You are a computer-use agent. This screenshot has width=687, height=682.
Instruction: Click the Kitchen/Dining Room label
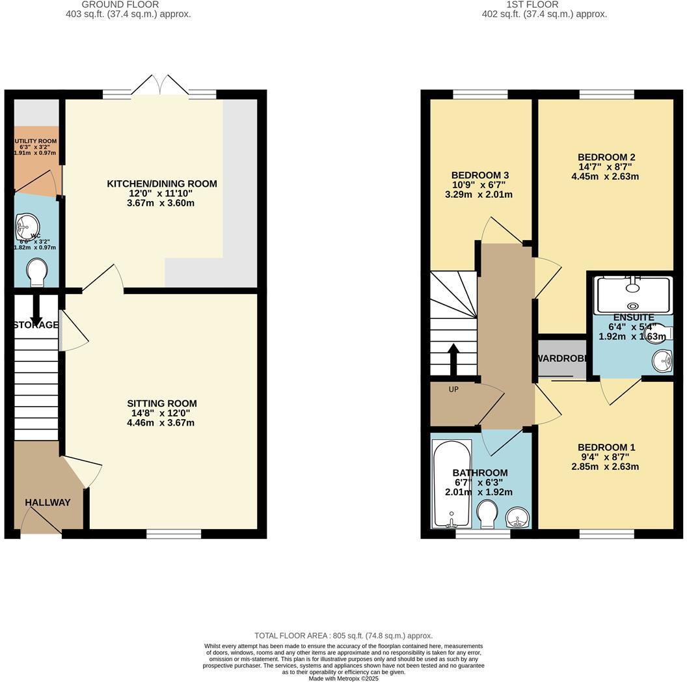point(162,184)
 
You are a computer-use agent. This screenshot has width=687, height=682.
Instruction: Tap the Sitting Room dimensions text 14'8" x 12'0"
point(162,413)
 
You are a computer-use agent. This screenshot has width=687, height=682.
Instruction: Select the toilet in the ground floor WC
point(37,271)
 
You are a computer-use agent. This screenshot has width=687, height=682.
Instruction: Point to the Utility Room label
point(36,141)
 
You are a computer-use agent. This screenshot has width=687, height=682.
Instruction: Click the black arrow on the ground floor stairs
point(36,308)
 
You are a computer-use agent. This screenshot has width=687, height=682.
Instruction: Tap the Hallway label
point(47,502)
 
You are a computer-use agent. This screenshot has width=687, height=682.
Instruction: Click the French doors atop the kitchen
point(159,88)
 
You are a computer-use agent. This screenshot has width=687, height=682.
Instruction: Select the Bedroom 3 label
point(479,175)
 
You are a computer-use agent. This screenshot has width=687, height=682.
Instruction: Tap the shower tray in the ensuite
point(634,295)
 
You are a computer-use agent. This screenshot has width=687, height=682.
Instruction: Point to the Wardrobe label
point(563,359)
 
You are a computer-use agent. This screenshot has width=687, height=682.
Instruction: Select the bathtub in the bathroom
point(447,484)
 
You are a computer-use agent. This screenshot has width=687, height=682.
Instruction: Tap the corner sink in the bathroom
point(519,518)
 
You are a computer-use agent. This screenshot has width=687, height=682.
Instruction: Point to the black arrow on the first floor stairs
point(453,358)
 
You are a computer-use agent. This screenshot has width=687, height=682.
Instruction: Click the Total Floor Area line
point(343,636)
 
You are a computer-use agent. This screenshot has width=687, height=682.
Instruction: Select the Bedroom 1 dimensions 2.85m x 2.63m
point(605,467)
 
